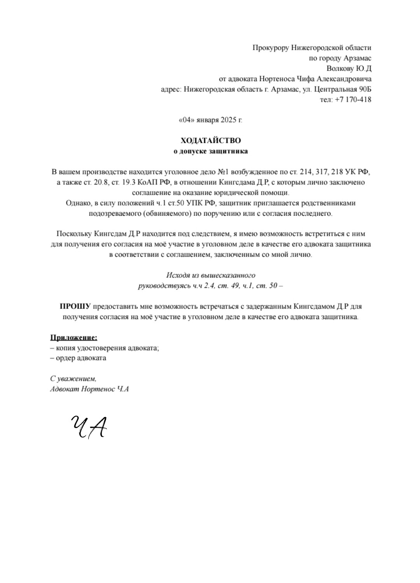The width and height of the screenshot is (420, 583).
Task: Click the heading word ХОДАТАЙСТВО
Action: click(x=210, y=140)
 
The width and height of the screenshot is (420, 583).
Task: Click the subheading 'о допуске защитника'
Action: click(x=210, y=151)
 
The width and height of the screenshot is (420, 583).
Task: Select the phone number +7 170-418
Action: click(x=353, y=99)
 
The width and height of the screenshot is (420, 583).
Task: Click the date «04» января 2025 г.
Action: click(x=210, y=120)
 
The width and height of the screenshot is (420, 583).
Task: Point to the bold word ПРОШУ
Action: click(x=75, y=306)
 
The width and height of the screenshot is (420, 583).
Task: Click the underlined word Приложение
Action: click(x=73, y=337)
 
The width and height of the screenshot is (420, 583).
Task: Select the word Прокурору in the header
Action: click(x=271, y=48)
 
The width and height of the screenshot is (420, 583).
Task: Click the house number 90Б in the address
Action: click(x=365, y=89)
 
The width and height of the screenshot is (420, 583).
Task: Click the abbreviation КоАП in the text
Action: click(x=147, y=182)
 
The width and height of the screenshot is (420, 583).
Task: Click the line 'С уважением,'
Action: click(x=73, y=378)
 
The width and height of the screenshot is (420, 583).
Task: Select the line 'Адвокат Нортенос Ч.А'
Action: click(x=89, y=389)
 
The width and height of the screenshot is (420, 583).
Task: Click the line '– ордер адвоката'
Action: click(x=78, y=358)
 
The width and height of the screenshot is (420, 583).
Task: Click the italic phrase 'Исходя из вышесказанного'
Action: click(x=210, y=276)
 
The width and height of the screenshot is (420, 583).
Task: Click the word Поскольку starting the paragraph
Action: click(x=74, y=234)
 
